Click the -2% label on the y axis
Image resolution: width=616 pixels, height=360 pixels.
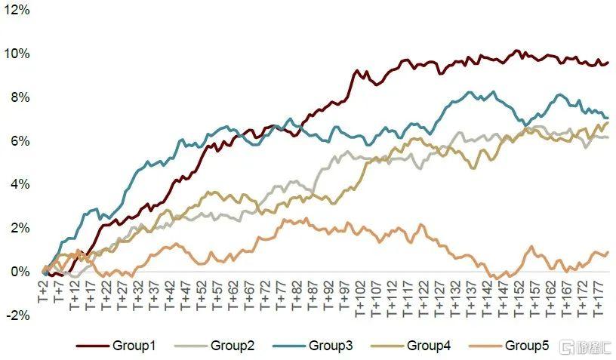pyautogui.click(x=17, y=315)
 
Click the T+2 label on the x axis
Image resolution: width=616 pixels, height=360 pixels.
pyautogui.click(x=43, y=289)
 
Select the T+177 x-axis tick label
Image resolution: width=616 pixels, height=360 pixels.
pyautogui.click(x=597, y=296)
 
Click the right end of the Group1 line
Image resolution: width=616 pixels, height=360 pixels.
pyautogui.click(x=608, y=63)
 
